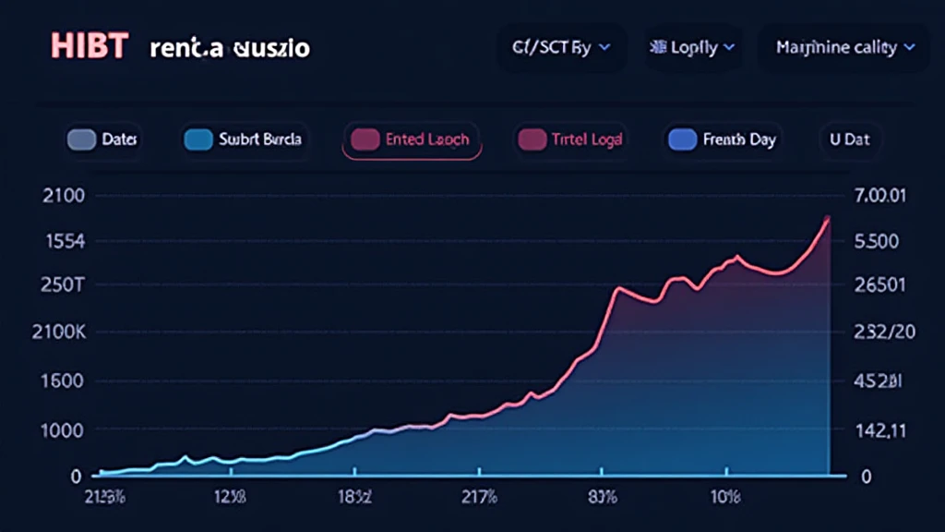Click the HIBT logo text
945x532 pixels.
(x=88, y=46)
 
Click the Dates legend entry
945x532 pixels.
(x=103, y=139)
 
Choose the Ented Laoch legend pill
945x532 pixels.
(x=412, y=139)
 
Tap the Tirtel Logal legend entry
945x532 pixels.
(x=570, y=139)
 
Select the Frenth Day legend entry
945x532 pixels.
(x=722, y=139)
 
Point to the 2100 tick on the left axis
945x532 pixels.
(x=64, y=196)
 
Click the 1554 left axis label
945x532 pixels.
(x=64, y=241)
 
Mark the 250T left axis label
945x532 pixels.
(x=64, y=284)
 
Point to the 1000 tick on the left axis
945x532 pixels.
(x=64, y=429)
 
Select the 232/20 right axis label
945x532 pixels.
(x=885, y=332)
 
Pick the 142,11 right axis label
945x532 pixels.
(x=880, y=429)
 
